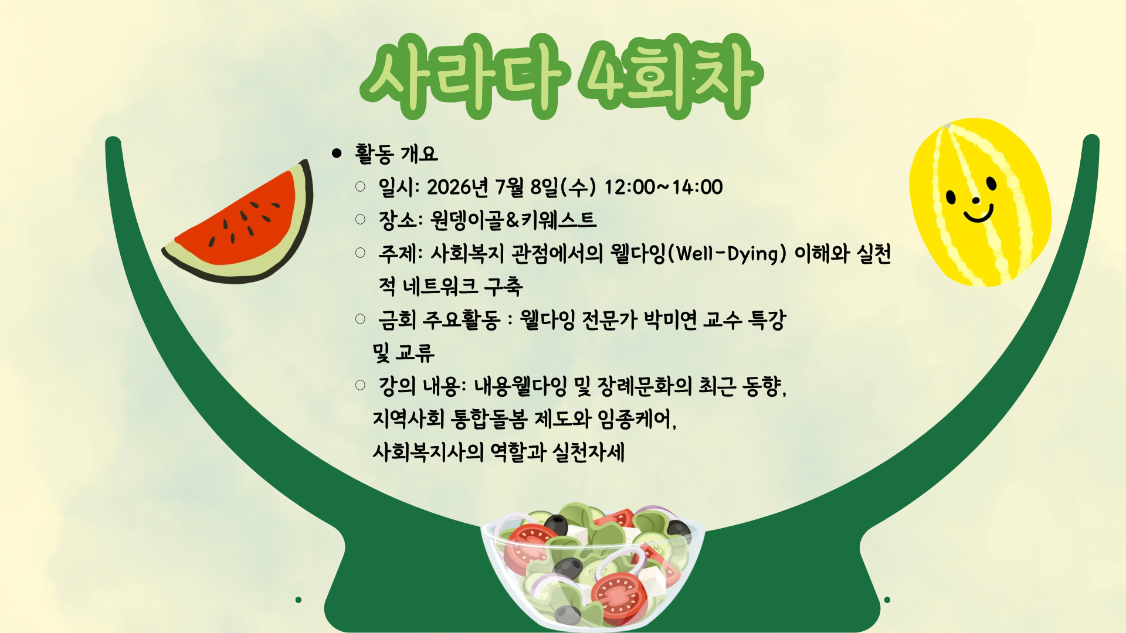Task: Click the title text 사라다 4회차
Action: (x=561, y=76)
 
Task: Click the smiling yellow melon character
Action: (x=979, y=203)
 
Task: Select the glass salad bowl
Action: (x=592, y=566)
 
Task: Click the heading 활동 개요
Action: (x=396, y=154)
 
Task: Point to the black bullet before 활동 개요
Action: (x=337, y=154)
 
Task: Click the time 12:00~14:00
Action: (x=663, y=188)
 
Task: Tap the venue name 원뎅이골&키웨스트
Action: (x=513, y=220)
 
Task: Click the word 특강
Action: (x=767, y=320)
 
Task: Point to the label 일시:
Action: (x=399, y=188)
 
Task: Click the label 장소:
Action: (x=401, y=220)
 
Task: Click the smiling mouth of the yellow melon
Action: (x=979, y=215)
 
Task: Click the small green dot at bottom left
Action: (x=299, y=600)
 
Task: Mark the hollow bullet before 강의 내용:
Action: (x=360, y=385)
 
